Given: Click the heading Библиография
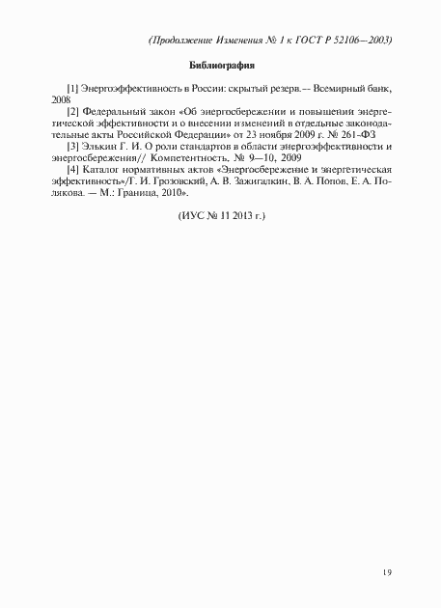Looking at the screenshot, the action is (x=221, y=67).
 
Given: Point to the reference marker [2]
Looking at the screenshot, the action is (x=72, y=112).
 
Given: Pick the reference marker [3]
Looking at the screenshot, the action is (x=72, y=147).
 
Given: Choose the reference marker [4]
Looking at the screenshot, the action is (x=72, y=170).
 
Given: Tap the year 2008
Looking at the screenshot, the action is (x=62, y=100).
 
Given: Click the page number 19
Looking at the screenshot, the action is (x=386, y=573).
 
